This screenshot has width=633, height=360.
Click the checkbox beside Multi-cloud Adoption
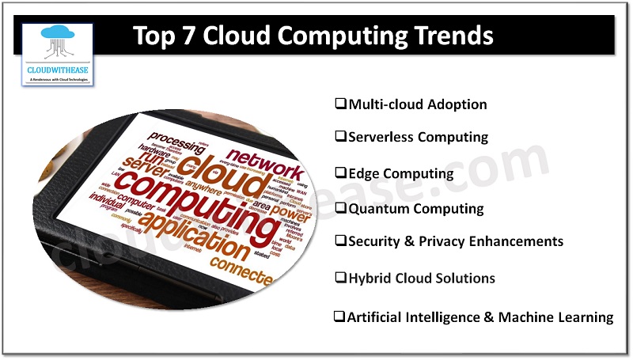coord(341,104)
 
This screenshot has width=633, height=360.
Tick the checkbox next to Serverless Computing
coord(341,136)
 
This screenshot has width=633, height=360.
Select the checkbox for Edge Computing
coord(341,172)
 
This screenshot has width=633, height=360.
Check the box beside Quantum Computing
coord(341,208)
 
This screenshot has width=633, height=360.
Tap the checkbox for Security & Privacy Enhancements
coord(341,240)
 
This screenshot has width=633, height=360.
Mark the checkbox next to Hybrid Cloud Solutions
coord(341,278)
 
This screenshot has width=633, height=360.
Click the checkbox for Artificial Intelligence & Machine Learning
coord(339,316)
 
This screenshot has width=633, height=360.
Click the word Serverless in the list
coord(381,137)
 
